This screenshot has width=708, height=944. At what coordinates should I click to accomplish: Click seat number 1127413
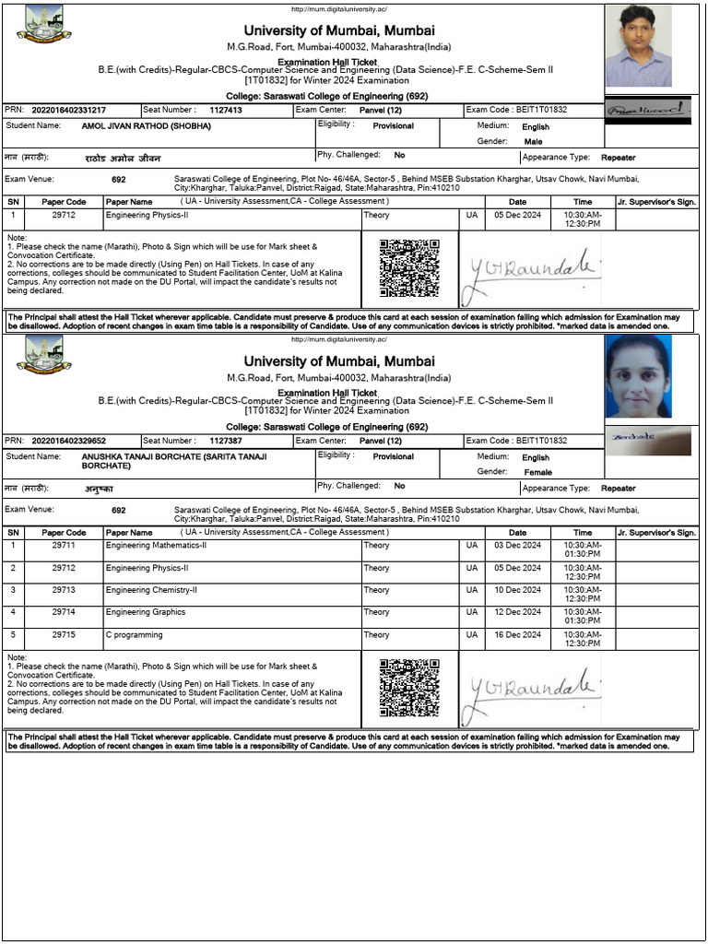[x=225, y=110]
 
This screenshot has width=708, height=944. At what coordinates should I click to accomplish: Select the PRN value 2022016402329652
[x=68, y=441]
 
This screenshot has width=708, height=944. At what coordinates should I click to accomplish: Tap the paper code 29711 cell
[x=64, y=546]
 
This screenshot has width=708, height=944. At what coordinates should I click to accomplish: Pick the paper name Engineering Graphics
[x=145, y=612]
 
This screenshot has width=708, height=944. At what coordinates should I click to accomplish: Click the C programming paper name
[x=134, y=635]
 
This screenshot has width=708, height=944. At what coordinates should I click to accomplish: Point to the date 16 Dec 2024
[x=517, y=635]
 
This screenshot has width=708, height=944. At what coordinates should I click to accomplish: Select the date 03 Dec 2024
[x=517, y=546]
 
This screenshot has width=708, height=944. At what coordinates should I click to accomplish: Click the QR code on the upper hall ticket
[x=409, y=268]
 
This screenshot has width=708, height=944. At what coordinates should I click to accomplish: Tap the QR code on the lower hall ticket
[x=409, y=689]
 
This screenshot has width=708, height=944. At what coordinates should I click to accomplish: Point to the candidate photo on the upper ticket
[x=638, y=45]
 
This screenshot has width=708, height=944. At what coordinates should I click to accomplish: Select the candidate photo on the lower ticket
[x=638, y=377]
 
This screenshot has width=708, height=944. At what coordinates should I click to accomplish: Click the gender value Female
[x=537, y=473]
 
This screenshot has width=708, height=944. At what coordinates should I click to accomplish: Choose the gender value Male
[x=533, y=142]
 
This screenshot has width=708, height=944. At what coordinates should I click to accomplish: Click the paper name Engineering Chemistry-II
[x=151, y=590]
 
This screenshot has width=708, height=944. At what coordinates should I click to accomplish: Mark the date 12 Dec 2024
[x=517, y=612]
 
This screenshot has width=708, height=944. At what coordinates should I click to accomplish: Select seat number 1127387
[x=225, y=441]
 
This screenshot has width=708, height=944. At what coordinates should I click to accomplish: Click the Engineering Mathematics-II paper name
[x=156, y=546]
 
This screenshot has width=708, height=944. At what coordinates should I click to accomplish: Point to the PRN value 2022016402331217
[x=68, y=110]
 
